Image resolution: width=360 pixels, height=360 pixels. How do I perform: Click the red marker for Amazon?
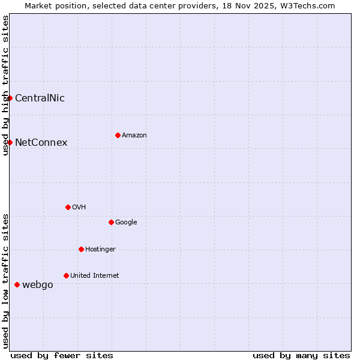point(118,135)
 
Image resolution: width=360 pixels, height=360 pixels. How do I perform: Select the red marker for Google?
point(111,222)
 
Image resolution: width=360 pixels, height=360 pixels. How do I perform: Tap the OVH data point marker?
point(68,207)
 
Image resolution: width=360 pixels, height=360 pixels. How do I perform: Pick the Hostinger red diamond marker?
point(81,249)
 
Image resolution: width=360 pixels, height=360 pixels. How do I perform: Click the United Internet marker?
point(66,275)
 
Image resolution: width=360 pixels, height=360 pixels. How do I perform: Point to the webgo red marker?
point(17,284)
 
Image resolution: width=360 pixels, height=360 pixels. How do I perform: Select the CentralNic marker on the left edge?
point(10,98)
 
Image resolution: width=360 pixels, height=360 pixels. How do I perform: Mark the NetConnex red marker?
point(10,142)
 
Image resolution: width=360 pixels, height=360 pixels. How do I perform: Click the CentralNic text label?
point(40,98)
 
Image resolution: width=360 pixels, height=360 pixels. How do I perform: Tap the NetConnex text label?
point(41,142)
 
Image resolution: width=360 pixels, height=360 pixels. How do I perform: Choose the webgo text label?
point(37,284)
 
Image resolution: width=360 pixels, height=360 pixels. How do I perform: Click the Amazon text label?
point(134,135)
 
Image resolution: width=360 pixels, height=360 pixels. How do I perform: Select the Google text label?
point(126,222)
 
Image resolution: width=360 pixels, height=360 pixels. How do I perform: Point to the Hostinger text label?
point(100,249)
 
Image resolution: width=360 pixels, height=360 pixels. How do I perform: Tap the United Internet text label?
point(94,275)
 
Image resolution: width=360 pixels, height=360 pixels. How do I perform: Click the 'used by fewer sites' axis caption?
point(62,355)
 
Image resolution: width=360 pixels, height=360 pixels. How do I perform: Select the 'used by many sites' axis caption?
point(301,355)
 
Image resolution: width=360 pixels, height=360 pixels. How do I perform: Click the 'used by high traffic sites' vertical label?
point(5,85)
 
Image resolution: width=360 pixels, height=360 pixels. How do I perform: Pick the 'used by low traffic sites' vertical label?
point(5,280)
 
